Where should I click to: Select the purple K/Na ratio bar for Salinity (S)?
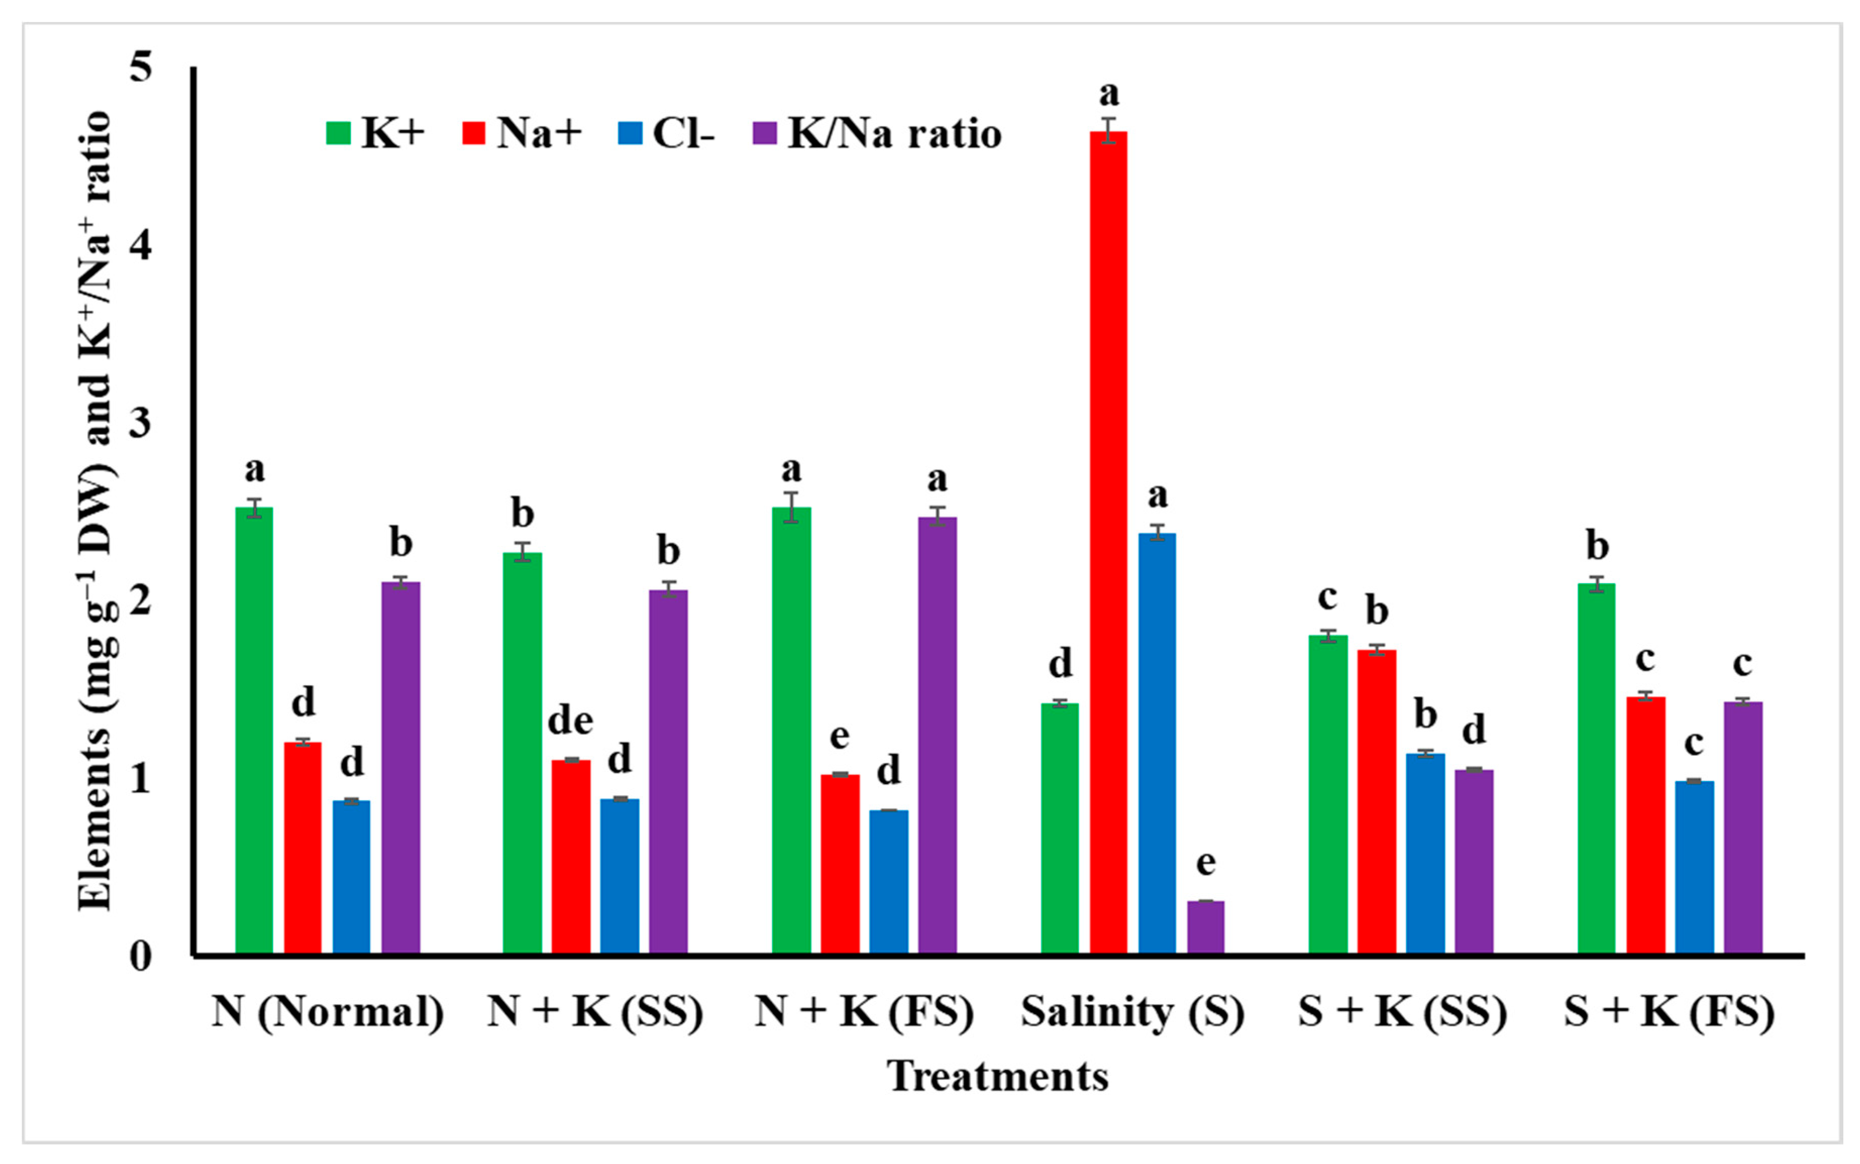(1205, 928)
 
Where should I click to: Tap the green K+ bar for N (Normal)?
(254, 732)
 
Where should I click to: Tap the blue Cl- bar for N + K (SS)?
(619, 877)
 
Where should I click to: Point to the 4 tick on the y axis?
(140, 245)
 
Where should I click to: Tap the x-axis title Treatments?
(997, 1076)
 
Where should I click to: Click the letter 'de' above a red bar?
(570, 722)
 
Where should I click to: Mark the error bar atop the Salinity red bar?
(1108, 130)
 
